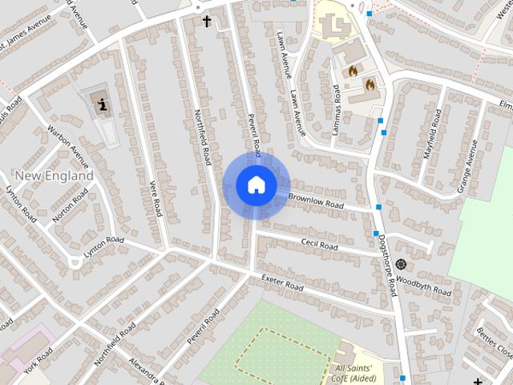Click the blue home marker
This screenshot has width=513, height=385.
click(x=256, y=184)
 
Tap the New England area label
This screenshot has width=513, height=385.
click(x=54, y=175)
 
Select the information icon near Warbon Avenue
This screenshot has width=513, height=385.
click(x=102, y=102)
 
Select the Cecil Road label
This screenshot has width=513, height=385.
click(x=321, y=243)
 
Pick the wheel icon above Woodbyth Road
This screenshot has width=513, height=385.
click(x=401, y=264)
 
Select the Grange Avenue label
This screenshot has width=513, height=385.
click(x=467, y=166)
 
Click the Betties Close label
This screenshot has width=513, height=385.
click(x=493, y=341)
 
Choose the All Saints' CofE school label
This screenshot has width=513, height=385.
click(x=359, y=373)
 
